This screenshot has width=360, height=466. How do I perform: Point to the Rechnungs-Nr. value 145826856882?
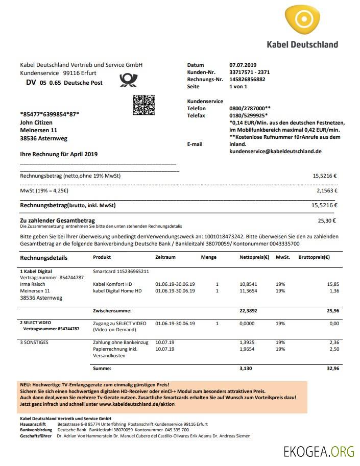tap(247, 80)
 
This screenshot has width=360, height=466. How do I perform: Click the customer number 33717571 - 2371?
tap(250, 72)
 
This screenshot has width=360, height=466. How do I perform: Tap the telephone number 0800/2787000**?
tap(250, 109)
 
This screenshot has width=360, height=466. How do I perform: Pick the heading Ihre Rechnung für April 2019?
tap(59, 154)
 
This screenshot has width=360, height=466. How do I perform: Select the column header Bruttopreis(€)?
tap(314, 257)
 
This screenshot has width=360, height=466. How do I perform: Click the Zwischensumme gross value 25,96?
tap(332, 310)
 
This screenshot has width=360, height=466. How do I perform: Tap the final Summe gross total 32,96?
tap(332, 367)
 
